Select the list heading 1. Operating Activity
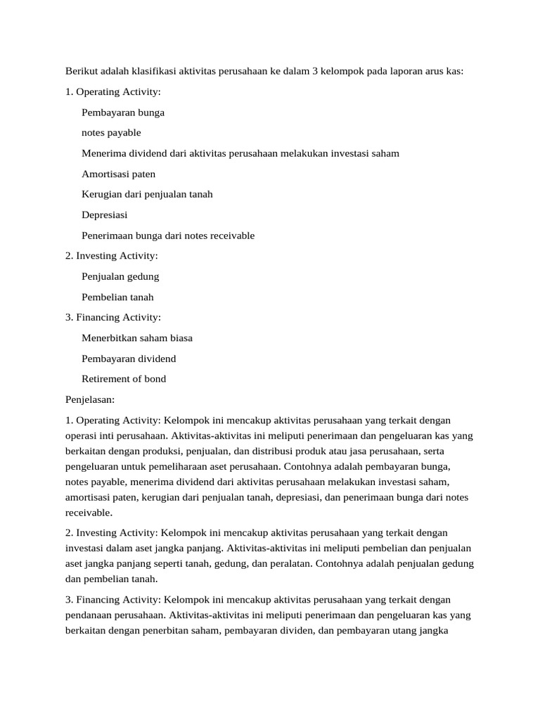(113, 91)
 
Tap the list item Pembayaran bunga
(123, 112)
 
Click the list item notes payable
(111, 132)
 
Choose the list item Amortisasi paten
(119, 174)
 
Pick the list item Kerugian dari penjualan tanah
(147, 194)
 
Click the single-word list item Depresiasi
(105, 214)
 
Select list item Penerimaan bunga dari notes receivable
(168, 236)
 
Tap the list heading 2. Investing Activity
(112, 255)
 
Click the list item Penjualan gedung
(120, 276)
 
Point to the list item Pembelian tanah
(117, 297)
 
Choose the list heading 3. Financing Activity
(113, 317)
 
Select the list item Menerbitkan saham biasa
(137, 337)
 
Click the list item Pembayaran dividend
(129, 359)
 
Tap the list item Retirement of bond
(124, 379)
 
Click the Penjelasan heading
(90, 399)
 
